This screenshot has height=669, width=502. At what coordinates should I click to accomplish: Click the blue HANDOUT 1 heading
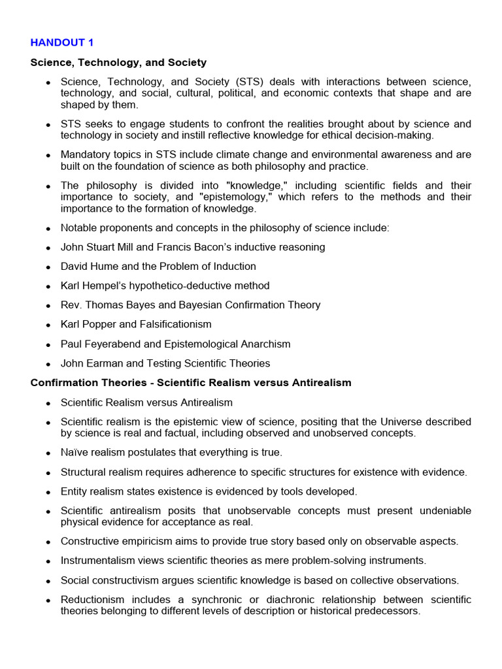coord(62,42)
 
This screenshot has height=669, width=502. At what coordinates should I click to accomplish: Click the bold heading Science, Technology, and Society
coord(118,63)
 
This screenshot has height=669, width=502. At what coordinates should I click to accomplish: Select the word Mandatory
coord(85,155)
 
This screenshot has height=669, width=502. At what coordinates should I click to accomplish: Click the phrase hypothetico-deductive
coord(180,286)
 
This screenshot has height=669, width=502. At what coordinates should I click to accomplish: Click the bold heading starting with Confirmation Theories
coord(191,383)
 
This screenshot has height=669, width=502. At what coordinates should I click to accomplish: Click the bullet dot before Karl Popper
coord(48,325)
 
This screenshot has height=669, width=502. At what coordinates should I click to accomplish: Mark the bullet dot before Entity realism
coord(48,492)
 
